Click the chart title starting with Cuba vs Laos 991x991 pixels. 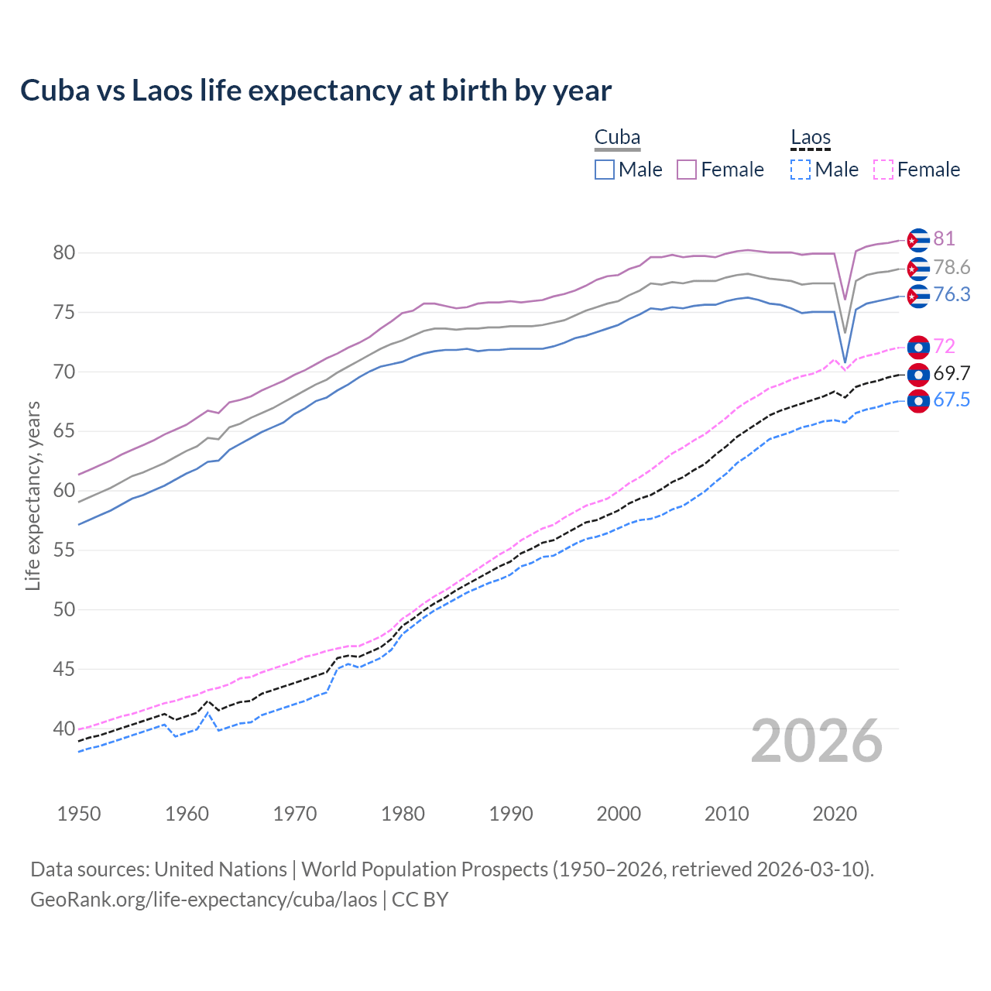(316, 91)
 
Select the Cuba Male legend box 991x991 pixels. (605, 170)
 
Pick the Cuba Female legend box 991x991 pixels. (687, 170)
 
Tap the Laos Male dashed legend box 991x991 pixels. (801, 170)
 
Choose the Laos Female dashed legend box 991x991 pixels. (883, 170)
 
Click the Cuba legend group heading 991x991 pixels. (617, 138)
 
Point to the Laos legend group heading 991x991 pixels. (811, 138)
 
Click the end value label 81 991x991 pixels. (944, 239)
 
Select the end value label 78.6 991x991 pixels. (952, 268)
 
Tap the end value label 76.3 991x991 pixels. (952, 295)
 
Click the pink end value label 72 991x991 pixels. (944, 346)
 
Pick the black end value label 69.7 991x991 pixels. (952, 374)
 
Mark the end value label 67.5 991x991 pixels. (952, 400)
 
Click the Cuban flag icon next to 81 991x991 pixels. (917, 240)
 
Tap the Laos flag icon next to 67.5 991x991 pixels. (917, 401)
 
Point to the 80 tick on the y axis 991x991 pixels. (63, 253)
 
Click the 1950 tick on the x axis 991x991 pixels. (79, 814)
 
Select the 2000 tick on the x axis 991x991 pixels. (619, 814)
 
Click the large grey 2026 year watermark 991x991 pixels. (816, 742)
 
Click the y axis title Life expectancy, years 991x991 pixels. (33, 495)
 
